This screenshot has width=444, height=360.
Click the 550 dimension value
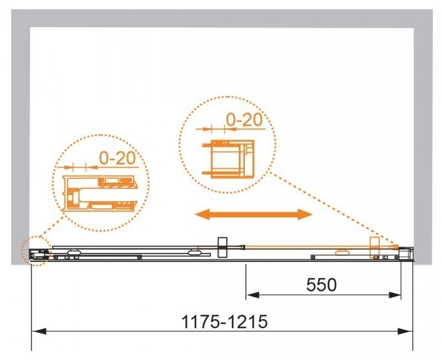coord(321,285)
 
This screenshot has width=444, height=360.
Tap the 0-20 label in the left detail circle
coord(118,158)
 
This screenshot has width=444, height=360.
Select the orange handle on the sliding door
coord(375,248)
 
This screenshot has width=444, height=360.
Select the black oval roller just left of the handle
coord(195,253)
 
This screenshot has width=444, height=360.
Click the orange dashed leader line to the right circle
coord(333,208)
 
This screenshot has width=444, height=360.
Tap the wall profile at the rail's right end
coord(407,253)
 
